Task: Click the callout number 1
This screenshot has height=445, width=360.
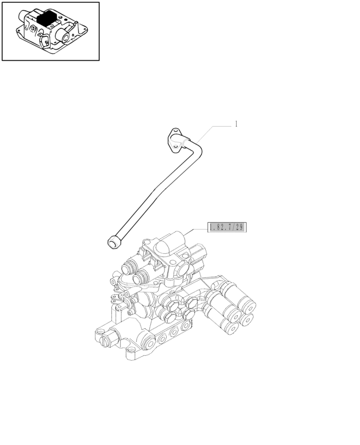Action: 236,124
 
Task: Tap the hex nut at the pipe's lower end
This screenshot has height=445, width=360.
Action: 114,242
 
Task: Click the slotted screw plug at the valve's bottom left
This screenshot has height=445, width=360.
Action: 104,341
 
